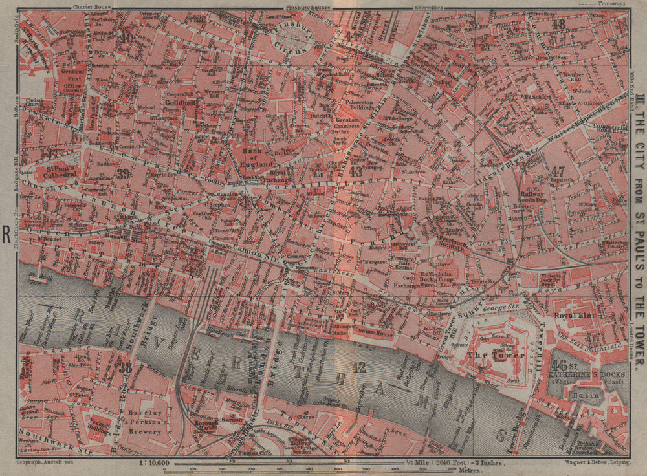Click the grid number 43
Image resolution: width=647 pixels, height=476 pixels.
coord(355,171)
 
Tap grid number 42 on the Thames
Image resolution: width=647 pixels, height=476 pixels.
coord(358,367)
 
